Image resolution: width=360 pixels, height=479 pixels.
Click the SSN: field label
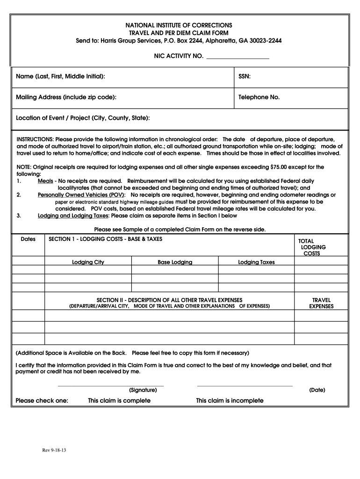coord(245,76)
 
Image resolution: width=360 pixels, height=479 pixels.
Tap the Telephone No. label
coord(259,97)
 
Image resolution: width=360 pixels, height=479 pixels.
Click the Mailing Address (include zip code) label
coord(66,97)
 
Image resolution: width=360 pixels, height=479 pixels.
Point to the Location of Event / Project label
coord(83,118)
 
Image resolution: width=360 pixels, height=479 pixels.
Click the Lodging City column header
coord(88,262)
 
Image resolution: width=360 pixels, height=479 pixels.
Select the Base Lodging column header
coord(175,262)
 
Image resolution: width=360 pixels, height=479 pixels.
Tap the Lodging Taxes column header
coord(256,262)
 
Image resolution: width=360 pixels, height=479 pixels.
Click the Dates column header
coord(28,239)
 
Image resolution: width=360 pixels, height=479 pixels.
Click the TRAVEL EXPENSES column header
coord(321,303)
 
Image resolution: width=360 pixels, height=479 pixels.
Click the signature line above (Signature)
coord(110,386)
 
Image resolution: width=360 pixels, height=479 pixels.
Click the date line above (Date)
coord(245,386)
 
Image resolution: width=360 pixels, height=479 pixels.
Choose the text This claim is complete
coord(119,401)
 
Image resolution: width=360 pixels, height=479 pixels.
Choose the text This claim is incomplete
coord(230,401)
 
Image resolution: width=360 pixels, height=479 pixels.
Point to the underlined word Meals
coord(45,181)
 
